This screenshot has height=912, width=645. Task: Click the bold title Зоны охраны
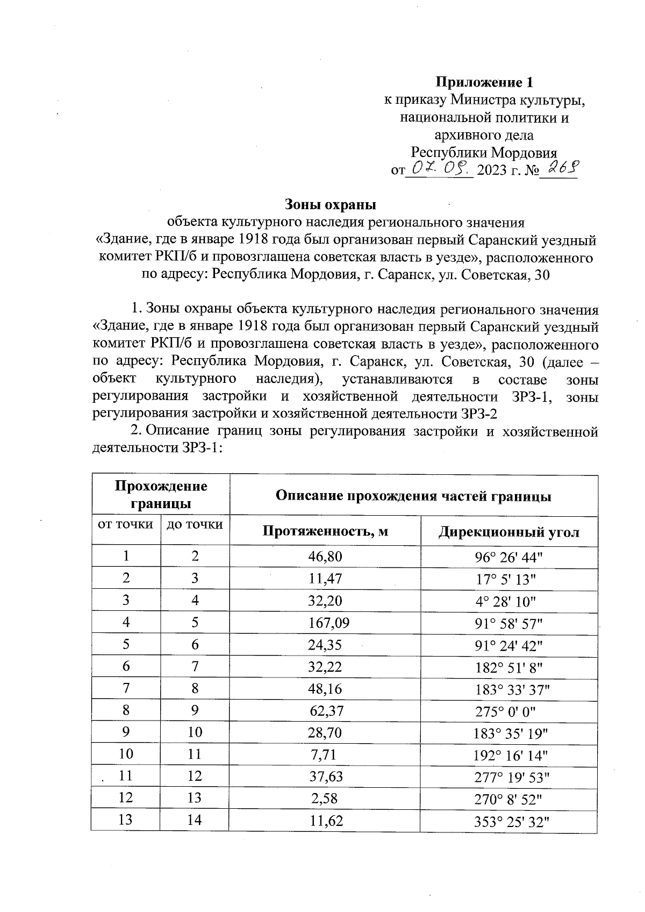tap(330, 204)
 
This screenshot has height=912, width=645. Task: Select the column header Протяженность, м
tap(325, 532)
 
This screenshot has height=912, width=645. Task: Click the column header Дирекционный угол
tap(509, 532)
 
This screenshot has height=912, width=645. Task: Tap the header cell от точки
tap(126, 524)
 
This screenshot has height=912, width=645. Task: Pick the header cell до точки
tap(195, 524)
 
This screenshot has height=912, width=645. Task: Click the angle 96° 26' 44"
tap(508, 557)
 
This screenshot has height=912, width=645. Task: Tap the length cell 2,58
tap(325, 799)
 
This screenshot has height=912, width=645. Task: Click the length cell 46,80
tap(325, 557)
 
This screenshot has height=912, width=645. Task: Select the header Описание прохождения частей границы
tap(413, 496)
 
